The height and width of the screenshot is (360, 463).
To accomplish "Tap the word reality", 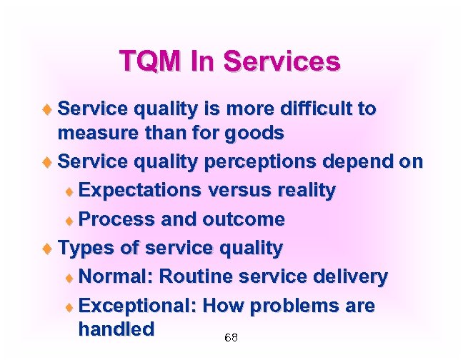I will (x=300, y=191).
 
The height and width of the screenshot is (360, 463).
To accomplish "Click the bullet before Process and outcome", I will (x=69, y=220).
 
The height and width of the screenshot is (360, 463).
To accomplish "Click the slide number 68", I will (x=231, y=337).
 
